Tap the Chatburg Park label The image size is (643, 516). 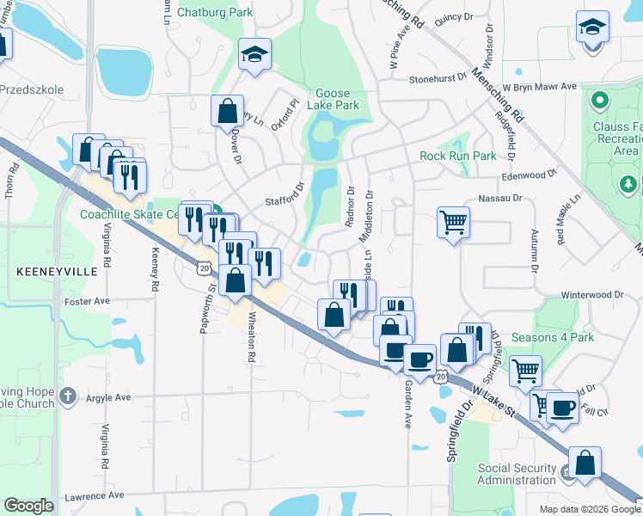[x=215, y=12]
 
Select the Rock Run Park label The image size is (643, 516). [x=458, y=156]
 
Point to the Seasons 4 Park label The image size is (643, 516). [x=552, y=338]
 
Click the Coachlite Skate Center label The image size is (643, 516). [x=129, y=214]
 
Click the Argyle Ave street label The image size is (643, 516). [x=107, y=398]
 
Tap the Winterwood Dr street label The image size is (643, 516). [x=592, y=295]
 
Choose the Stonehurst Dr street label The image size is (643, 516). [x=438, y=77]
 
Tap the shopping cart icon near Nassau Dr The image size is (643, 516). [x=453, y=223]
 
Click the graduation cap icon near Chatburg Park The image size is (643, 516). [x=254, y=54]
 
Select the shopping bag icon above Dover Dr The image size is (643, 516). [x=227, y=111]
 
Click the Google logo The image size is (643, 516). [x=28, y=506]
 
